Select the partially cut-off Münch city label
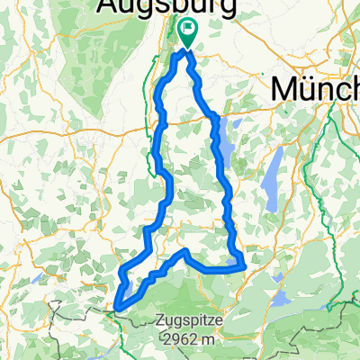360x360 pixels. pyautogui.click(x=314, y=90)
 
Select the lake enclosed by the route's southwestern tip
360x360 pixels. pyautogui.click(x=130, y=286)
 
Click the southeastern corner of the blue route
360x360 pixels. pyautogui.click(x=241, y=265)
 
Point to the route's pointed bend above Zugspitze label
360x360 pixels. pyautogui.click(x=184, y=253)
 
